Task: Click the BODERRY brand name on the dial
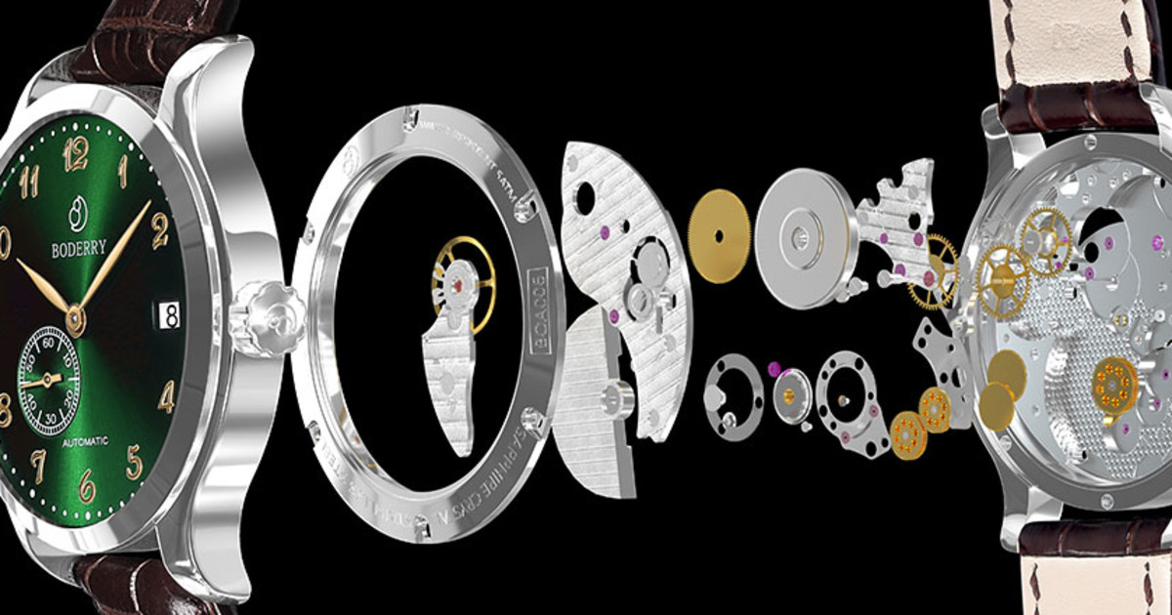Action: pos(78,250)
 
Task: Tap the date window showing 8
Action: pos(169,314)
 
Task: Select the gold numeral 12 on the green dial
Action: pos(75,153)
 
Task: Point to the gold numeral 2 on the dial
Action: pos(160,231)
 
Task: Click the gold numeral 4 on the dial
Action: pos(167,395)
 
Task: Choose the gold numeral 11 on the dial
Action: pos(28,181)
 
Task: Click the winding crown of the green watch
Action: pos(264,317)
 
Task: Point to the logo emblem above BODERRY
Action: pos(78,212)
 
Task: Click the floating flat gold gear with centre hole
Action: pos(719,236)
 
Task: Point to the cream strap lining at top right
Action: pos(1084,39)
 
